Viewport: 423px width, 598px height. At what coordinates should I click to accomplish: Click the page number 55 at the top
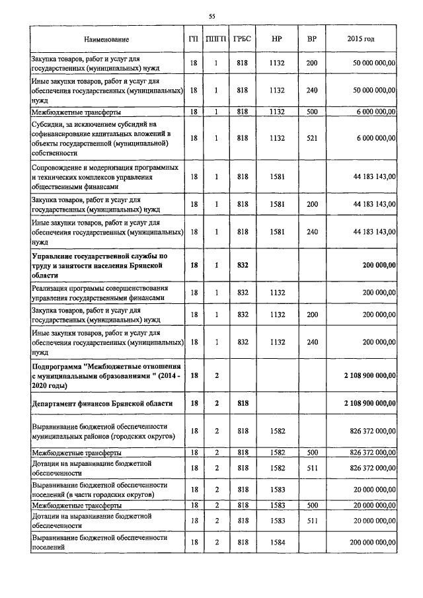pyautogui.click(x=211, y=15)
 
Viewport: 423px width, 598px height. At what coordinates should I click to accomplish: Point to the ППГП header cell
pyautogui.click(x=216, y=40)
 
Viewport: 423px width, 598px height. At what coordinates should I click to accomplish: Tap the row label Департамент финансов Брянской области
pyautogui.click(x=102, y=402)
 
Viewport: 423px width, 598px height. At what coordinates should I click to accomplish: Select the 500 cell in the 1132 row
pyautogui.click(x=312, y=112)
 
